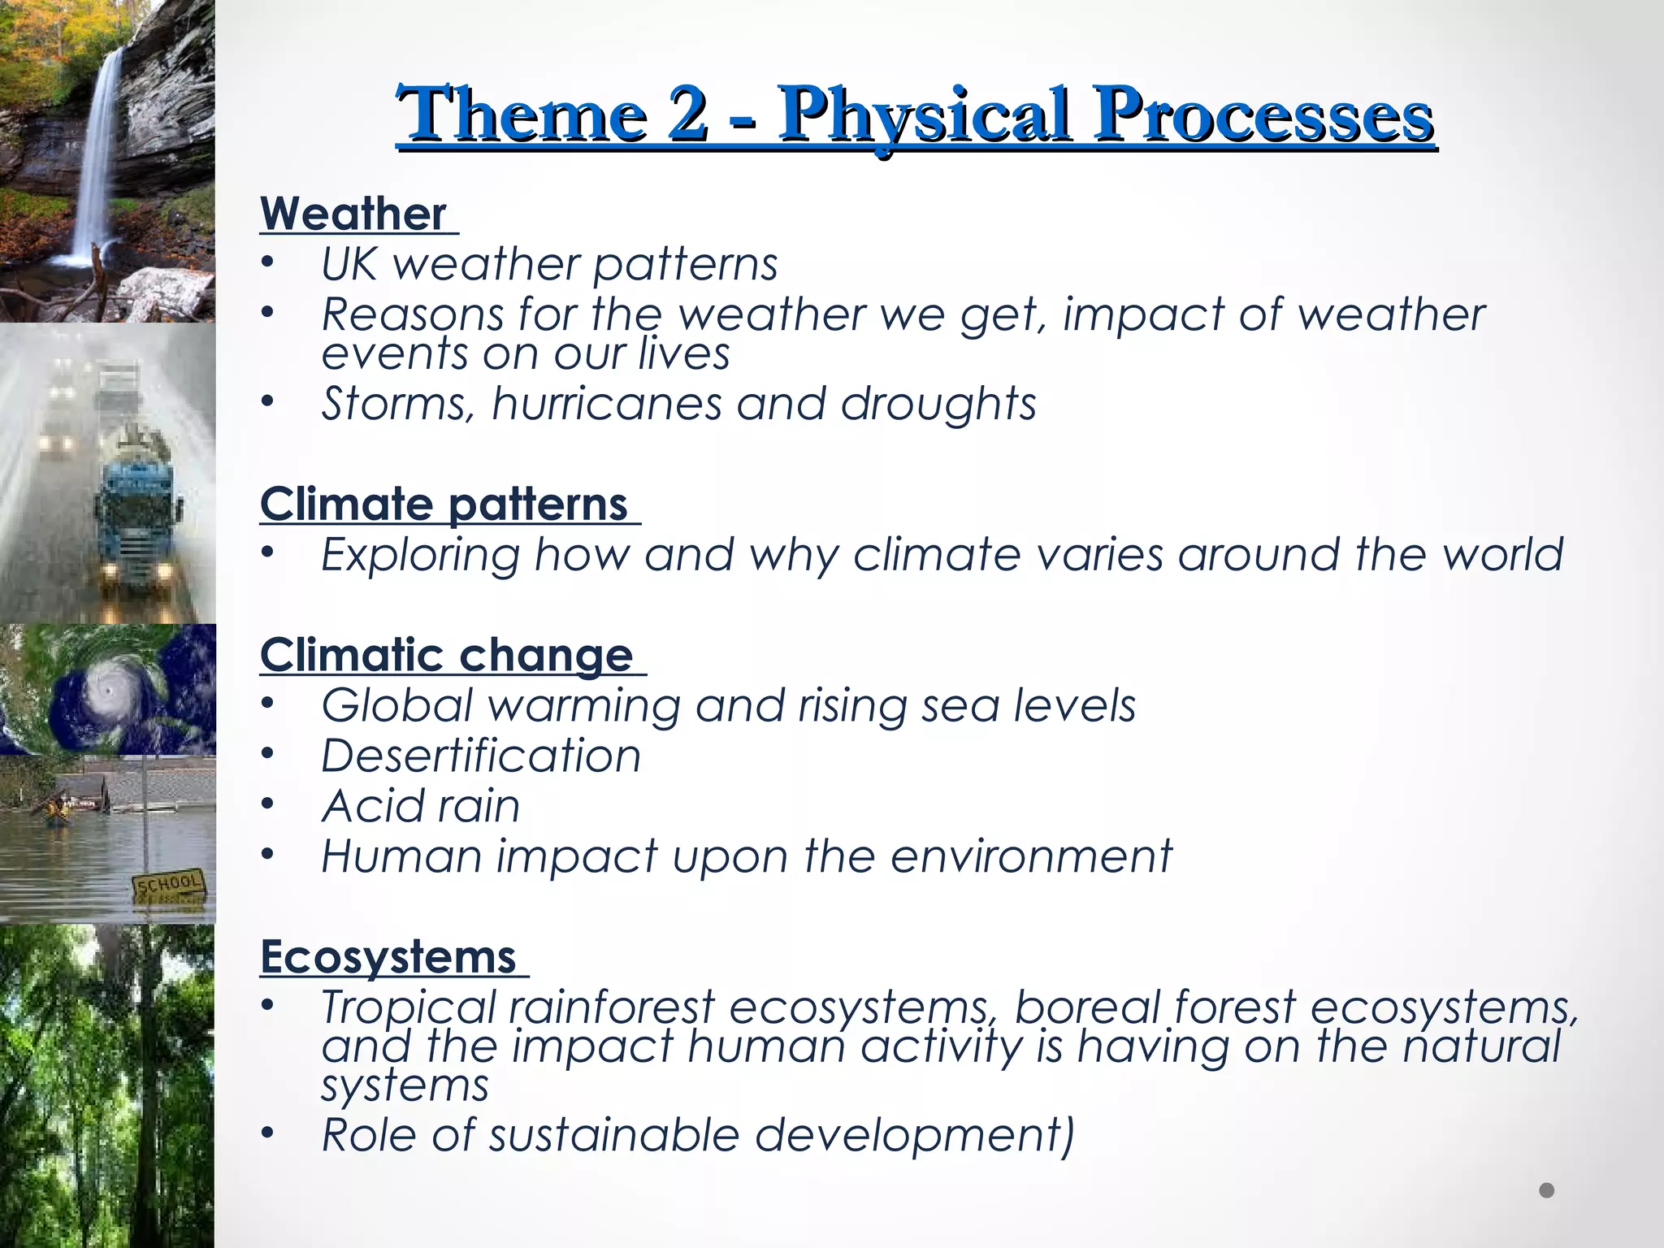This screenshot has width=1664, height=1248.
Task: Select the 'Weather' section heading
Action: click(x=353, y=214)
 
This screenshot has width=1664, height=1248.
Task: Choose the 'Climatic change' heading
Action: click(x=447, y=655)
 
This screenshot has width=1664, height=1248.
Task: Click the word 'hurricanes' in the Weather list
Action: click(x=606, y=404)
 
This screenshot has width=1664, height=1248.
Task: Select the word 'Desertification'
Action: click(x=481, y=756)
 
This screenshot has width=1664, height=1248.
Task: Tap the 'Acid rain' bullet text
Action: click(x=421, y=806)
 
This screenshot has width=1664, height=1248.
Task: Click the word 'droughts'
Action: click(x=938, y=404)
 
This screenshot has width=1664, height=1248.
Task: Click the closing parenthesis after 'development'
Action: click(x=1067, y=1136)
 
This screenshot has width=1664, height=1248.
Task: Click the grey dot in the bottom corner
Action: click(x=1546, y=1190)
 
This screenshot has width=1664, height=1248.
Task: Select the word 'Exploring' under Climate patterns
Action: click(x=420, y=555)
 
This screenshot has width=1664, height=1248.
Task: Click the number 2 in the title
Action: click(x=687, y=114)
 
